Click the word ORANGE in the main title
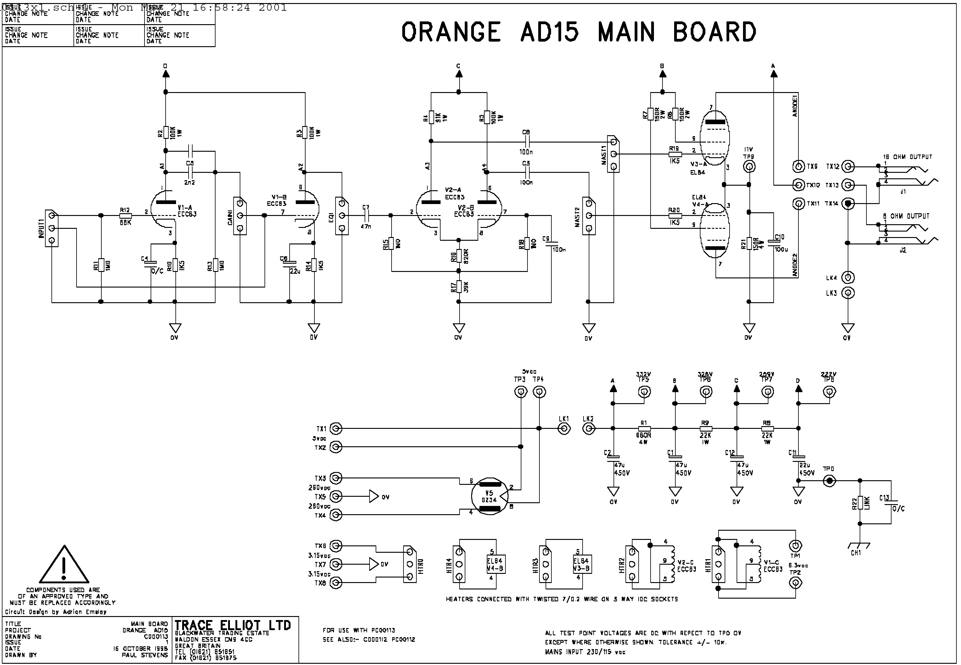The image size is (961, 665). (451, 32)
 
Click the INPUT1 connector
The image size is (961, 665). (52, 228)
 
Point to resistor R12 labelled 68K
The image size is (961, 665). (126, 215)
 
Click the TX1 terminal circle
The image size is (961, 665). (336, 428)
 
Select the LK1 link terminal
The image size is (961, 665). (564, 428)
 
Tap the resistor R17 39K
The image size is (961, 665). (459, 287)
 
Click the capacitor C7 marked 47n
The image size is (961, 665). (366, 215)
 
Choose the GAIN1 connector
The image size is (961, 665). (240, 215)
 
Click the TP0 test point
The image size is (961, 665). (829, 481)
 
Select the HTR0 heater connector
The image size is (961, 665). (410, 564)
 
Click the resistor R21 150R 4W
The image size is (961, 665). (749, 243)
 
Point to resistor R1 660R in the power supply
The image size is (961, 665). (644, 428)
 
